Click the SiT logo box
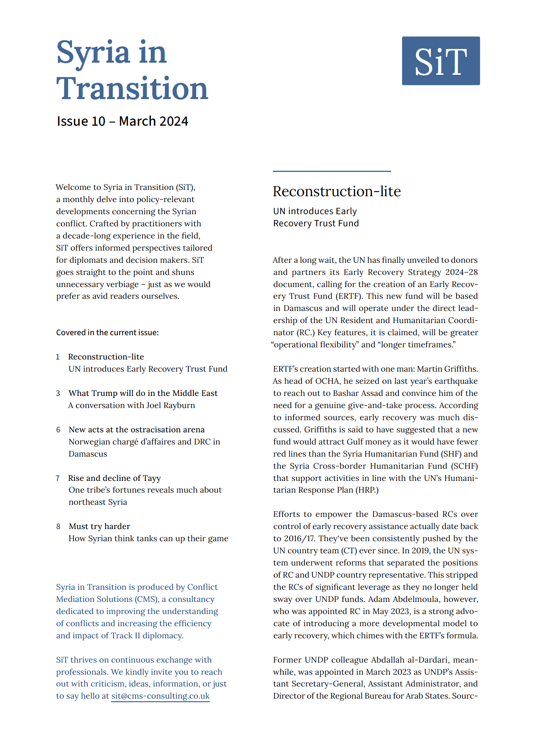(x=440, y=61)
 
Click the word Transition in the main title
(x=132, y=89)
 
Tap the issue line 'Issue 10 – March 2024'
(x=123, y=121)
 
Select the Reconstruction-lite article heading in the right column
(x=337, y=191)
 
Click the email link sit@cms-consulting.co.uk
(x=161, y=696)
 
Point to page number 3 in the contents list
(x=58, y=393)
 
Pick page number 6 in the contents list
(x=58, y=430)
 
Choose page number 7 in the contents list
(x=58, y=478)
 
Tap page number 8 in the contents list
(x=58, y=526)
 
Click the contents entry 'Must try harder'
(x=99, y=526)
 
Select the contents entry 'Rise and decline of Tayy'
(x=114, y=478)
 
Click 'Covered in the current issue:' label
(x=107, y=332)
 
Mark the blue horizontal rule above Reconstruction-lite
(x=332, y=171)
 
